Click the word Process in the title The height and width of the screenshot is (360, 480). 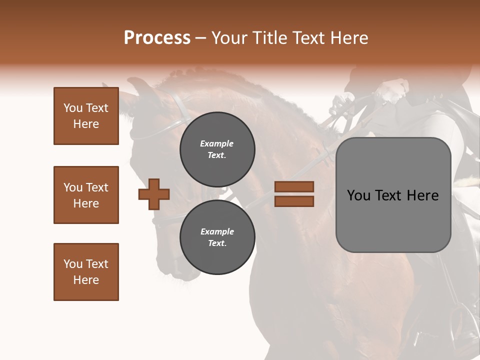157,38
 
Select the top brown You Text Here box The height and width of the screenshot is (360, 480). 86,116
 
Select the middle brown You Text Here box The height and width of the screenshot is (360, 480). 86,195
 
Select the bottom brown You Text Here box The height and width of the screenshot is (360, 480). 86,272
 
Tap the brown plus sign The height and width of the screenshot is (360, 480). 154,194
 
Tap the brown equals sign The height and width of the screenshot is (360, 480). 294,194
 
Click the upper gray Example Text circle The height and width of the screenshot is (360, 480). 217,149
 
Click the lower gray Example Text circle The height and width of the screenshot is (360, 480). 217,237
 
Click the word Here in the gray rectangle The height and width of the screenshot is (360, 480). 423,195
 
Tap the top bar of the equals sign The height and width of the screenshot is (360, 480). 294,187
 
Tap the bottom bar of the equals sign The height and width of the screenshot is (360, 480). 294,201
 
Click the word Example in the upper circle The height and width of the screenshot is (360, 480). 217,143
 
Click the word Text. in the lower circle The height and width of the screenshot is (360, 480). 217,243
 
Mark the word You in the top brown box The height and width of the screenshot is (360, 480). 72,108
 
